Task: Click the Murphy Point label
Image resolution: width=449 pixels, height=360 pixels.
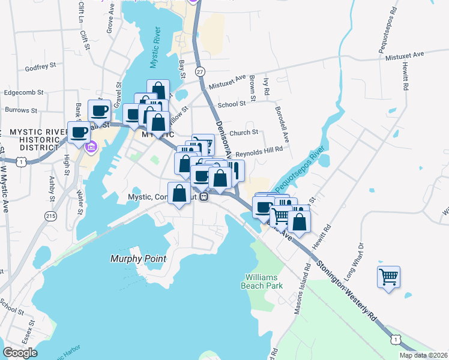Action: [x=137, y=259]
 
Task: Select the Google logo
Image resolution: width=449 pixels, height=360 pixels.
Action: [x=20, y=353]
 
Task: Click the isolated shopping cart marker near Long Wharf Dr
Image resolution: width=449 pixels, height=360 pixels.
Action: [x=389, y=277]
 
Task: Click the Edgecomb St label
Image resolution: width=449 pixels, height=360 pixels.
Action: [x=24, y=92]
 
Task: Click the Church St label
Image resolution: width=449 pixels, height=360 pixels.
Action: [x=243, y=133]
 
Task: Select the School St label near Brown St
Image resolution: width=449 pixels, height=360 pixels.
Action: [x=232, y=104]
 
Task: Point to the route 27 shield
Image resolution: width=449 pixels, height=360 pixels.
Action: [x=200, y=71]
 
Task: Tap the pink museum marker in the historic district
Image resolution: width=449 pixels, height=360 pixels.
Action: [x=91, y=146]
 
